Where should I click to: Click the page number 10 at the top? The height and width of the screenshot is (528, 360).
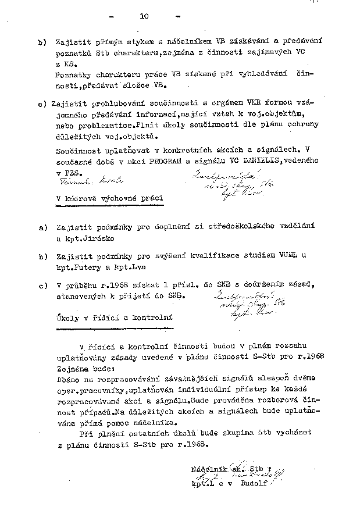pyautogui.click(x=144, y=16)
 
